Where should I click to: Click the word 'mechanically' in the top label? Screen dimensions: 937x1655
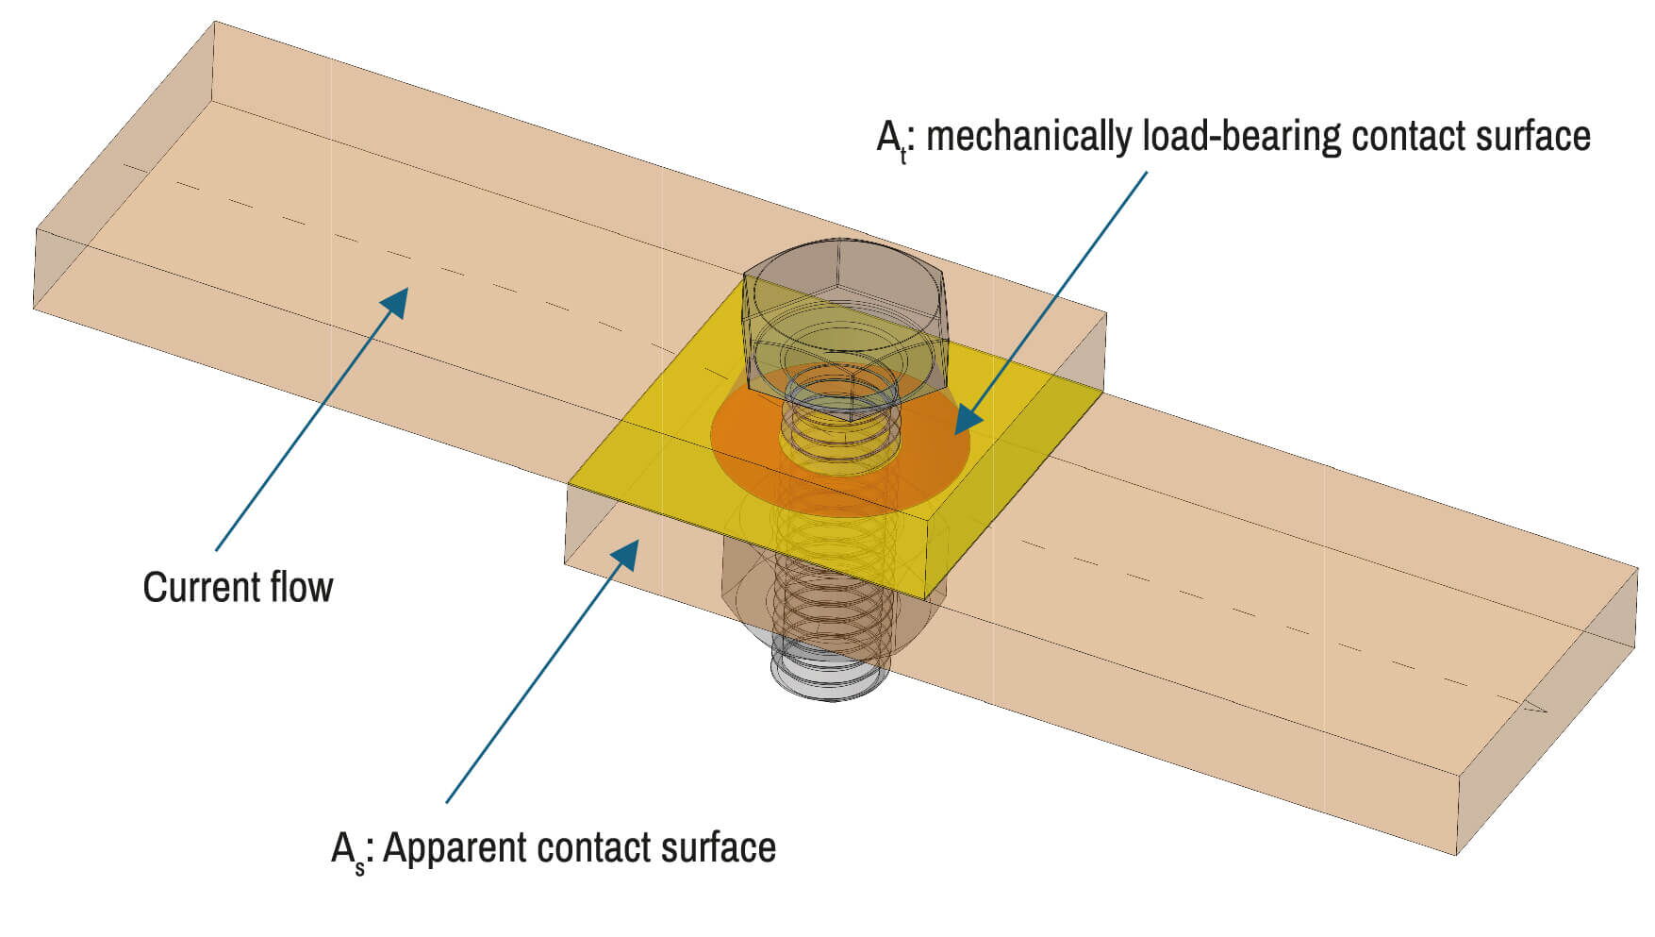click(x=1029, y=137)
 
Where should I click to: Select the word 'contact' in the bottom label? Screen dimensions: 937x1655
click(x=593, y=847)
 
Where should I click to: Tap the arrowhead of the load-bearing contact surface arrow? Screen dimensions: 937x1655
click(x=968, y=420)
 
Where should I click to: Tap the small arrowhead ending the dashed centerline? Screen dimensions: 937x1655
click(x=1537, y=708)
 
